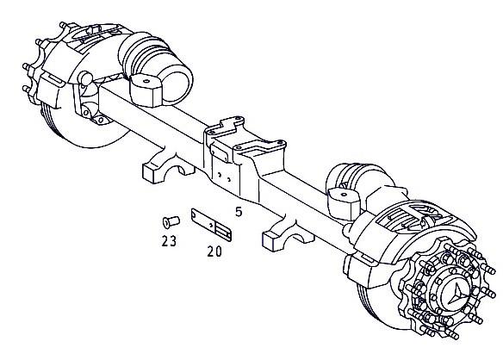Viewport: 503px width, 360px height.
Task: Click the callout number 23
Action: point(169,240)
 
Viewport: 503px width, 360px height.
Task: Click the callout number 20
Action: point(214,251)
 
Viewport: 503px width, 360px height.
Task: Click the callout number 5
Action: point(239,212)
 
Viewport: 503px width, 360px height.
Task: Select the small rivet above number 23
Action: point(171,221)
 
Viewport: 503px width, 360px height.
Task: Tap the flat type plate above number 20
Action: point(211,225)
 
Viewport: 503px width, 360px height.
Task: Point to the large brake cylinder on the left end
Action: point(156,68)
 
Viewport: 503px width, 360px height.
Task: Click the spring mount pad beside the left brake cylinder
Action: point(146,90)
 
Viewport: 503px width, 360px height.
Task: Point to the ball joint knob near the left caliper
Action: point(86,78)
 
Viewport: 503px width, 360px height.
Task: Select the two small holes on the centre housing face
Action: point(224,177)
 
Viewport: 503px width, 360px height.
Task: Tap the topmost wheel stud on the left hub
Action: point(64,25)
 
